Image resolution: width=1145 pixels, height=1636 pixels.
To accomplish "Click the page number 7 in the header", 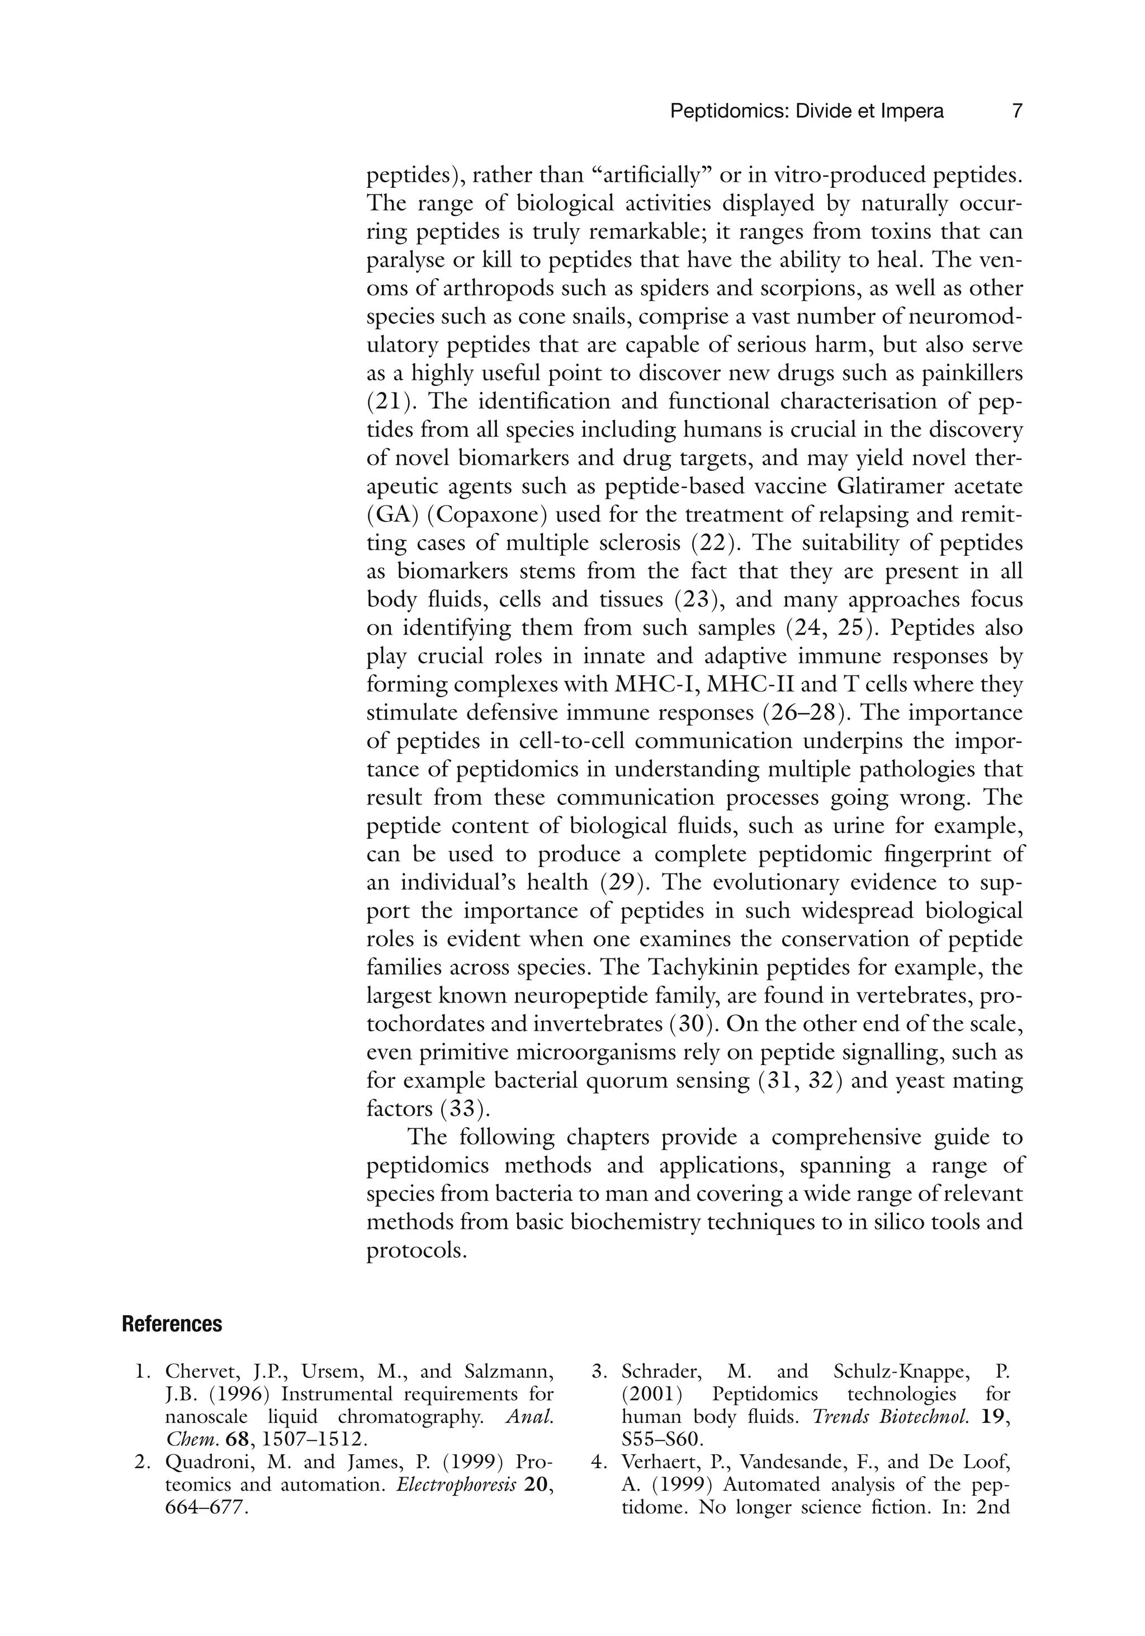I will [1017, 111].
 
